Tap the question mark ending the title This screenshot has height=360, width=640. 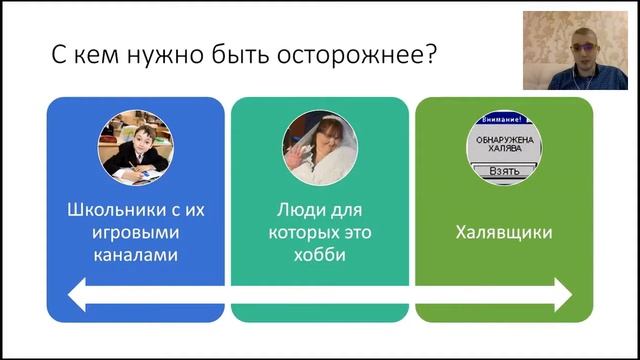pos(429,54)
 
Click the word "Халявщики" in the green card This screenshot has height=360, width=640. pos(504,233)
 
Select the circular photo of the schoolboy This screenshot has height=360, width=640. pos(136,148)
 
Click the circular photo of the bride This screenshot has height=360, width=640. pos(320,148)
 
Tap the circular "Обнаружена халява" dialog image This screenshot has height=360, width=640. pos(504,148)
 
